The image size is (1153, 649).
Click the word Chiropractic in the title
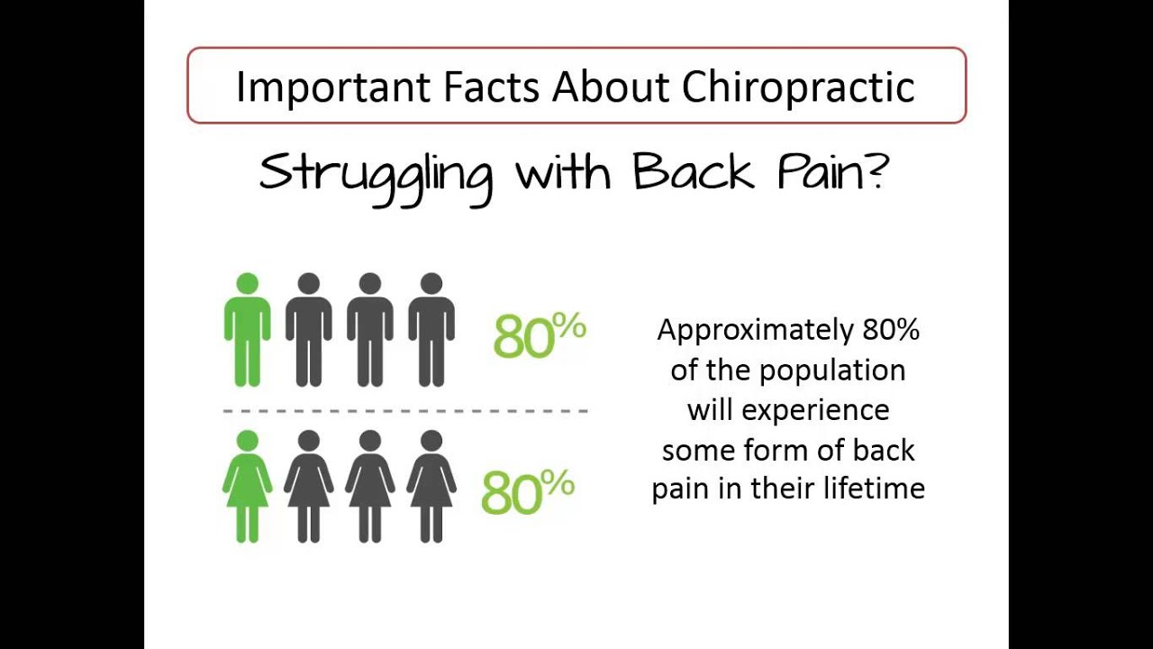click(798, 87)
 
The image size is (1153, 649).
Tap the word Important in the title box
click(334, 87)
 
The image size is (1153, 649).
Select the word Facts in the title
click(490, 87)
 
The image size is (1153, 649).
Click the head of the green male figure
click(247, 284)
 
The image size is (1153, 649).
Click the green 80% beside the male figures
click(539, 336)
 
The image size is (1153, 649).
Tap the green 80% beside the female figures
click(527, 492)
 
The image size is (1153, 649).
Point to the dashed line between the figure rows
click(405, 411)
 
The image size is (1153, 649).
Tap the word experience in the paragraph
click(815, 410)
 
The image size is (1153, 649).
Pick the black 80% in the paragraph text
click(891, 330)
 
